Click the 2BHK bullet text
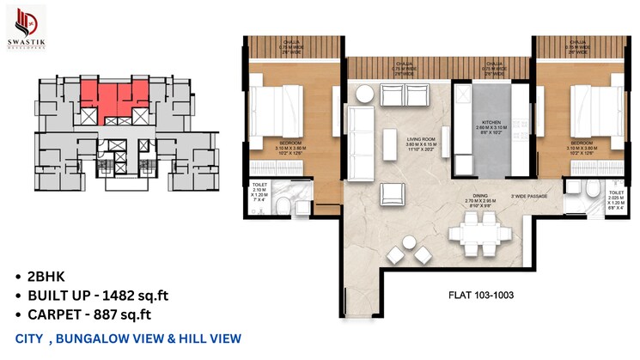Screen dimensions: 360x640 [46, 278]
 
